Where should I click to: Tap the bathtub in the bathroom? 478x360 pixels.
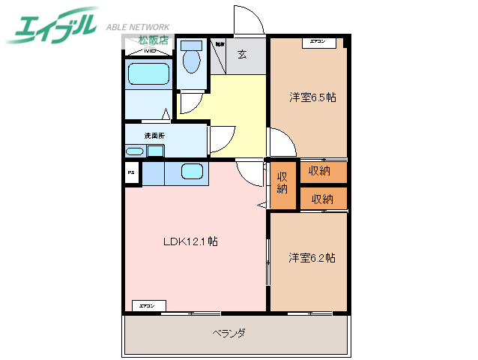click(x=148, y=73)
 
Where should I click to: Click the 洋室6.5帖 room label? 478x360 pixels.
click(x=312, y=97)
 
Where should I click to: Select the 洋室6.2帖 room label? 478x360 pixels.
click(x=312, y=258)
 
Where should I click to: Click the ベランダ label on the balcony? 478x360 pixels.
click(x=229, y=332)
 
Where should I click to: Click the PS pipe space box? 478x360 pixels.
click(x=131, y=173)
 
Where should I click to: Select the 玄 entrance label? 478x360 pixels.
click(x=242, y=53)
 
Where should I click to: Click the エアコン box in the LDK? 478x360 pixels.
click(x=148, y=306)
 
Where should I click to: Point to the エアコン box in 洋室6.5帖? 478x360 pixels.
click(x=317, y=43)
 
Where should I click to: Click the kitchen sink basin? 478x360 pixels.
click(x=193, y=172)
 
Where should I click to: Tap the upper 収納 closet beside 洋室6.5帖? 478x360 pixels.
click(x=323, y=172)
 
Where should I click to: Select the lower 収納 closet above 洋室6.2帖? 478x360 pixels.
click(x=323, y=199)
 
